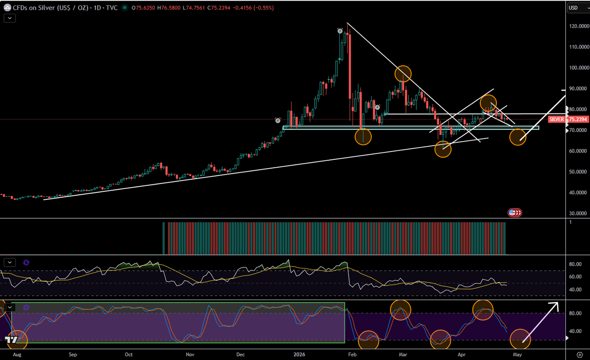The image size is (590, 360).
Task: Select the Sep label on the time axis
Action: pos(73,354)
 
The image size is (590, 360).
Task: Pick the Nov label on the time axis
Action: pos(189,354)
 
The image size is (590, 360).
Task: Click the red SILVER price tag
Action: pos(557,120)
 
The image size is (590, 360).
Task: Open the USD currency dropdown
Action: pos(576,8)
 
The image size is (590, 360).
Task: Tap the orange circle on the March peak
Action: pos(403,74)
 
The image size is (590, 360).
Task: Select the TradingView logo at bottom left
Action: pos(9,339)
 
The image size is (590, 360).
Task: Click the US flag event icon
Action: pos(512,212)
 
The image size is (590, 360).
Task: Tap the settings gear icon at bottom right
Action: pos(579,354)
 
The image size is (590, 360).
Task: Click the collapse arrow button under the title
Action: pos(9,18)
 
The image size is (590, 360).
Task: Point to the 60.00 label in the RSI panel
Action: pos(575,276)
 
